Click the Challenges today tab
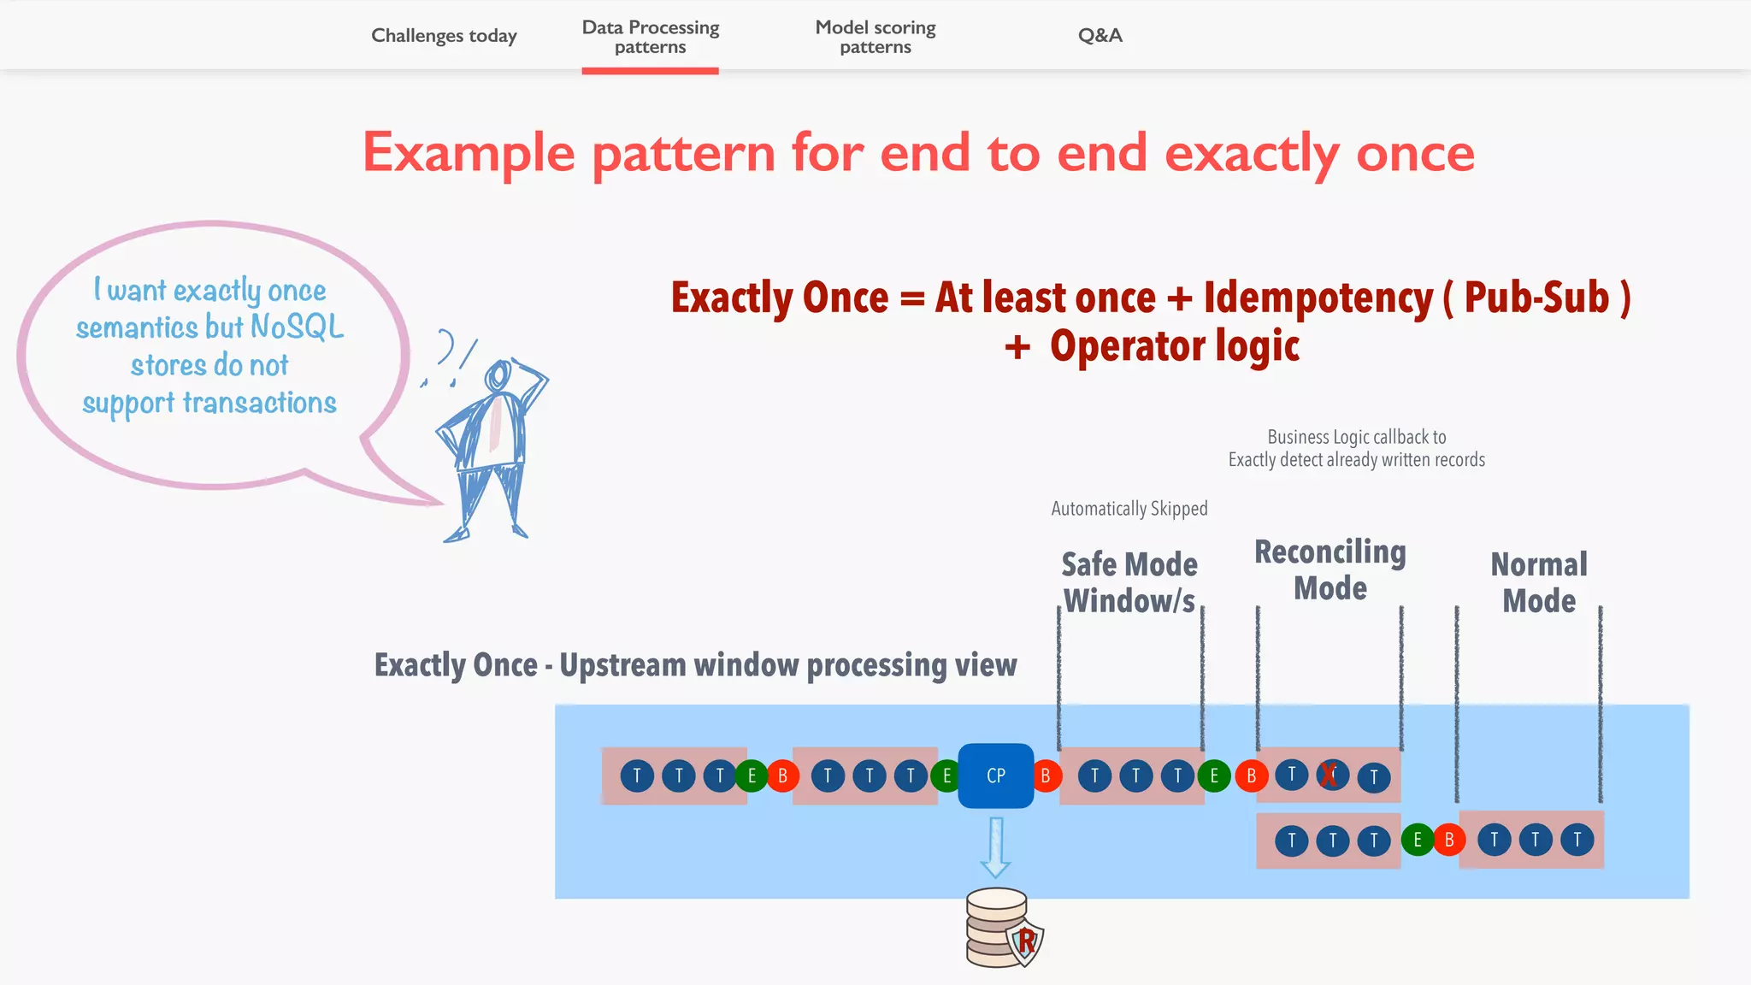(x=444, y=35)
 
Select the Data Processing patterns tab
(x=650, y=37)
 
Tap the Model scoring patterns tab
(x=875, y=37)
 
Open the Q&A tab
(x=1100, y=35)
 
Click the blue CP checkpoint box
(x=995, y=776)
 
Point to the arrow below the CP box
(x=995, y=847)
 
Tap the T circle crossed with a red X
(x=1331, y=775)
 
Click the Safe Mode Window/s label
(x=1129, y=582)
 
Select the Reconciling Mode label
(x=1329, y=569)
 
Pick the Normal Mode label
(x=1539, y=582)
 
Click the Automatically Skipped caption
(x=1129, y=509)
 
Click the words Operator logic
(x=1174, y=346)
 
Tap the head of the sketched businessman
(x=498, y=375)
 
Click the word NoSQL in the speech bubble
(x=297, y=327)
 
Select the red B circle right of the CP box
(x=1045, y=776)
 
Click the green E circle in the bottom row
(x=1417, y=840)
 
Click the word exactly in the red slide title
(x=1251, y=153)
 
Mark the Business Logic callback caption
(x=1356, y=448)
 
